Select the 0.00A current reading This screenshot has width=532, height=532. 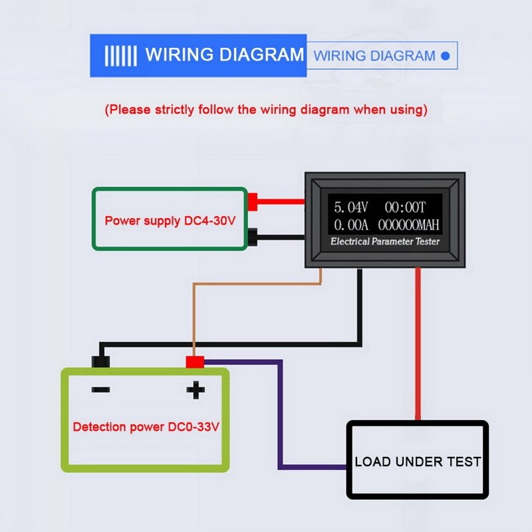(350, 225)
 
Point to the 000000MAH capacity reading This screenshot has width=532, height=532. (409, 225)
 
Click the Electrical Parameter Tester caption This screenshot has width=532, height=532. (385, 241)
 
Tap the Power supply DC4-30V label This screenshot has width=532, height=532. (170, 220)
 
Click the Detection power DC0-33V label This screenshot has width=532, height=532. (146, 427)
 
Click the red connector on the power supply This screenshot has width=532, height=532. (253, 201)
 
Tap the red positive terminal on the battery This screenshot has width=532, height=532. (195, 362)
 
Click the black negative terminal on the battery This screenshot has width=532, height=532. (100, 362)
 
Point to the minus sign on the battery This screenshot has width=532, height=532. (100, 390)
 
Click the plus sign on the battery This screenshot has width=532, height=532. (195, 390)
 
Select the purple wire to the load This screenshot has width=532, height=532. (281, 412)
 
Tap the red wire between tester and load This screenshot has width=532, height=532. (418, 346)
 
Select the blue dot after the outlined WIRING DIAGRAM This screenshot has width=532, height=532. (446, 56)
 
